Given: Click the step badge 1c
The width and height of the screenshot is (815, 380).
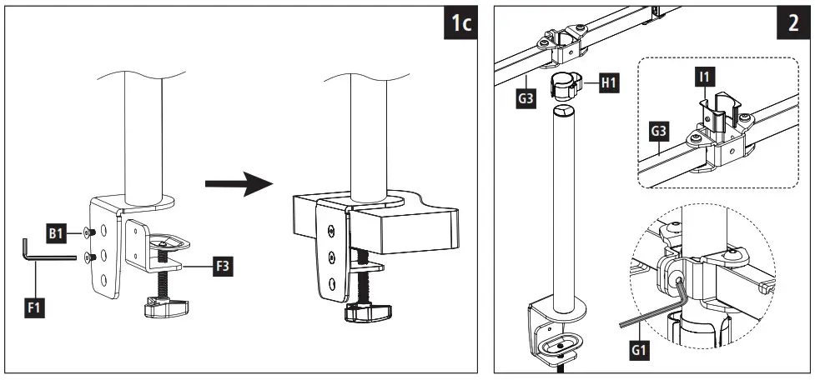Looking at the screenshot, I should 460,23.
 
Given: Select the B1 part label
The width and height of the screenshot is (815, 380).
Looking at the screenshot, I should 57,235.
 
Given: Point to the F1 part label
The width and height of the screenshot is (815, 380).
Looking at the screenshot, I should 35,308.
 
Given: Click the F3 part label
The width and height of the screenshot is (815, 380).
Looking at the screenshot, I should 223,267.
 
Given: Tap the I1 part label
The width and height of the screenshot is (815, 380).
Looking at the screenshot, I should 704,77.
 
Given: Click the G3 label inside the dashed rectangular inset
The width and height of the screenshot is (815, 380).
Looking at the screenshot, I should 658,132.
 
